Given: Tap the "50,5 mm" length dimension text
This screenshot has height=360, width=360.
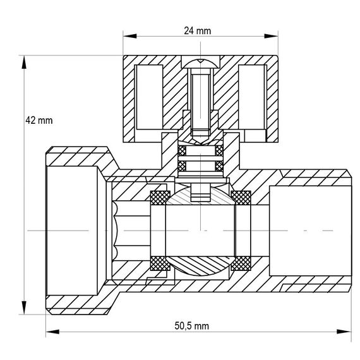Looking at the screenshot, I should (x=192, y=326).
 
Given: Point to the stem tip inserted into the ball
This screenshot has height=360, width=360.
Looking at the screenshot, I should (x=200, y=192).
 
